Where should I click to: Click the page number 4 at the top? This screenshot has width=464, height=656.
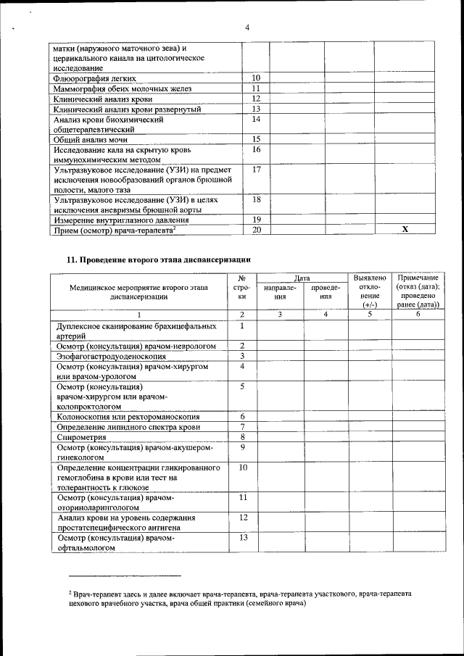[x=246, y=28]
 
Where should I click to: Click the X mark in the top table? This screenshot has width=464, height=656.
[x=405, y=229]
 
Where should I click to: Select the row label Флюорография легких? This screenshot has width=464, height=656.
[x=95, y=78]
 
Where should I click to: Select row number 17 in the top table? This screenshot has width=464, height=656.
[x=256, y=170]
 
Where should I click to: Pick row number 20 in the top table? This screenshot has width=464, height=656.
[x=256, y=230]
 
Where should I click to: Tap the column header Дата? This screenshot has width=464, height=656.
[x=302, y=278]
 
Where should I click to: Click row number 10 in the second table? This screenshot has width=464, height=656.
[x=243, y=468]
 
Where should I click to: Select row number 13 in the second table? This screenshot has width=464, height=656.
[x=243, y=537]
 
